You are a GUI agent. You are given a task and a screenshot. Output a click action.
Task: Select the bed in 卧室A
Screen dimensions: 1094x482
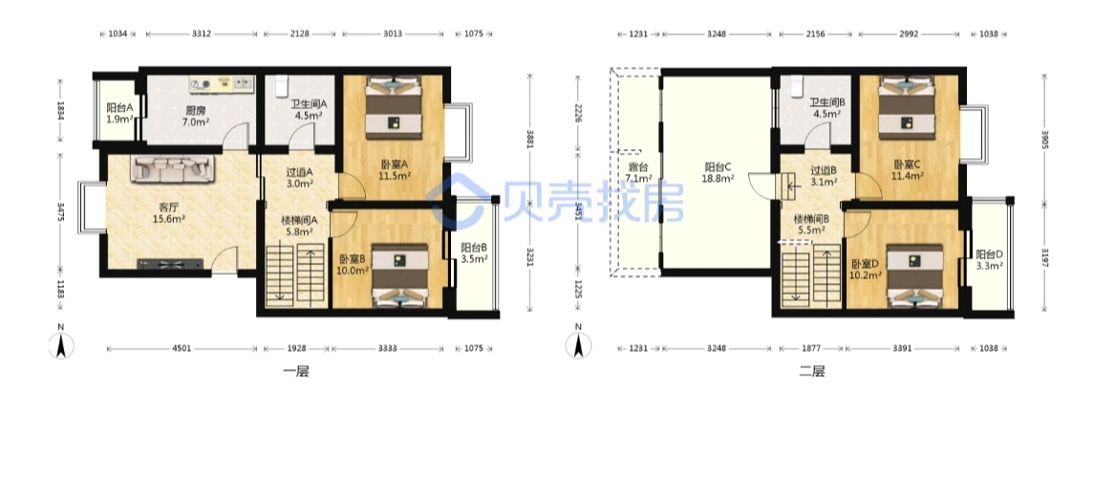pyautogui.click(x=395, y=105)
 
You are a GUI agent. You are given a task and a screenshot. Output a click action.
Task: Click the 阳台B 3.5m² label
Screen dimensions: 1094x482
pyautogui.click(x=473, y=252)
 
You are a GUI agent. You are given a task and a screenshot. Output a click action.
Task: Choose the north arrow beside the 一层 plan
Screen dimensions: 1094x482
pyautogui.click(x=61, y=341)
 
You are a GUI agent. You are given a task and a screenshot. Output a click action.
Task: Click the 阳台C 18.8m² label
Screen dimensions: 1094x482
pyautogui.click(x=718, y=172)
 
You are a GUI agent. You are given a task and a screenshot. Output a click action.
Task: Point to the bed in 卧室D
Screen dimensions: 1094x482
pyautogui.click(x=914, y=275)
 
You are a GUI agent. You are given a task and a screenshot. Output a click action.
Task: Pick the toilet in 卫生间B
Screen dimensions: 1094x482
pyautogui.click(x=798, y=86)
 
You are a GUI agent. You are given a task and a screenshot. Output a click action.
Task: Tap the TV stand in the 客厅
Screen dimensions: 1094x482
pyautogui.click(x=171, y=264)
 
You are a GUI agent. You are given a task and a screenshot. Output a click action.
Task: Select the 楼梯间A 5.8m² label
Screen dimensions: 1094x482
pyautogui.click(x=299, y=225)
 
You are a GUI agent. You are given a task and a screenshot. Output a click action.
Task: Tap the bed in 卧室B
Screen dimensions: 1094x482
pyautogui.click(x=399, y=275)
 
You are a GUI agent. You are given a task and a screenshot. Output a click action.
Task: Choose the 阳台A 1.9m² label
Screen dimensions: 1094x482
pyautogui.click(x=119, y=114)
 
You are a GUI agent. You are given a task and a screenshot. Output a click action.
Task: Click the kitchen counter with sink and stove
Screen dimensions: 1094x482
pyautogui.click(x=222, y=84)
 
